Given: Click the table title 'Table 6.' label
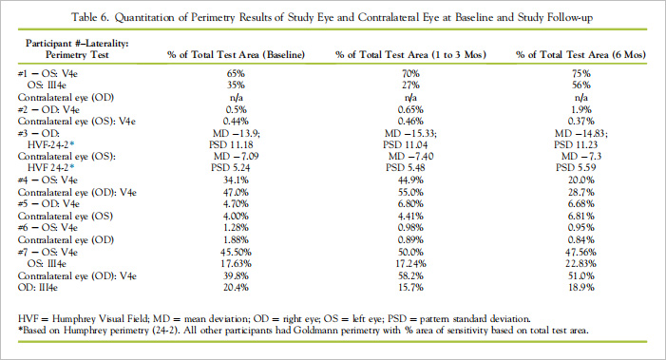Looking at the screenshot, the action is point(90,17).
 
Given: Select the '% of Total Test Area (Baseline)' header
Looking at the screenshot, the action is point(236,55).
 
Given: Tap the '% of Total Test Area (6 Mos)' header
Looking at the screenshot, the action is point(580,55).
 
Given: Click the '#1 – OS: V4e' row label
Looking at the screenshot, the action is point(48,73).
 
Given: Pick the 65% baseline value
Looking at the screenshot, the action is point(236,73).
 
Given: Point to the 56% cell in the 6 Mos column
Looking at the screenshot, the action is point(581,85).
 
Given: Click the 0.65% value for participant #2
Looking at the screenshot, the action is point(410,109).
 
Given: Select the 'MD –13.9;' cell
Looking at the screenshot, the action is point(237,133).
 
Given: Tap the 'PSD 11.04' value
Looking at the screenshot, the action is point(406,144).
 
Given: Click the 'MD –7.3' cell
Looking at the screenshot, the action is point(581,156).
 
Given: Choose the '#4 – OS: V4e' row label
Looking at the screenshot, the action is point(48,180).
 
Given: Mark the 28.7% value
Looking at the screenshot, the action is point(581,192).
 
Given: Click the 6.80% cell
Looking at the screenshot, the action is point(410,204).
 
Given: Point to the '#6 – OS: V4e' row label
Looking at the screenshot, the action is point(48,228).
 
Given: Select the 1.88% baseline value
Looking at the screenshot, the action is point(236,240).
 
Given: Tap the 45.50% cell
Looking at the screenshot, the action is point(236,252).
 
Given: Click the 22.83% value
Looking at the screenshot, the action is point(580,264).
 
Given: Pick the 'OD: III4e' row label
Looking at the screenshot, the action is point(38,288).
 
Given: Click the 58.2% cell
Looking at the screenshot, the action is point(410,276).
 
